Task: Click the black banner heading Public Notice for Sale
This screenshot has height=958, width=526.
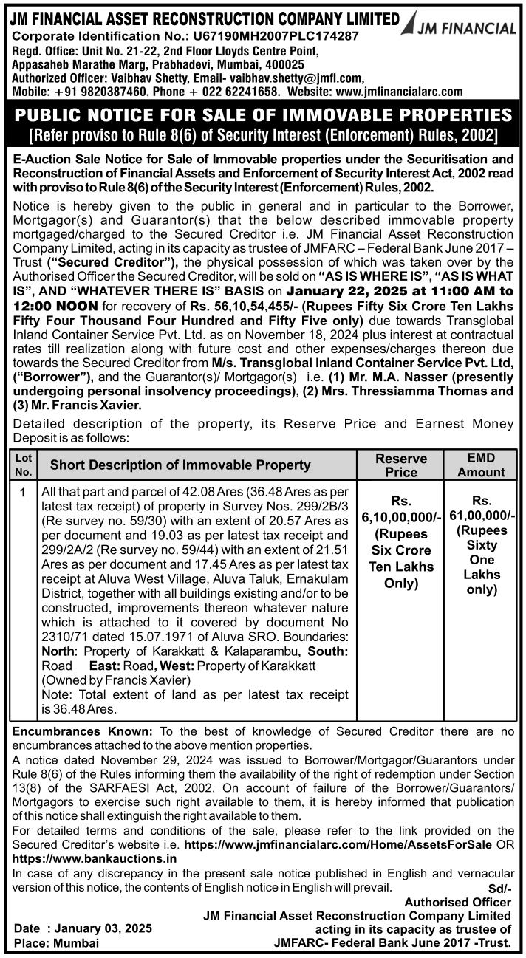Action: click(x=263, y=116)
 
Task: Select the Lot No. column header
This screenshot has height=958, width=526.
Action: click(x=24, y=465)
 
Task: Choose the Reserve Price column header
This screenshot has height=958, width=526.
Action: click(x=402, y=465)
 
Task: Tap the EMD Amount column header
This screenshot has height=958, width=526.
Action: click(x=481, y=465)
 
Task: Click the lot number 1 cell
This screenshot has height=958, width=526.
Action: click(x=24, y=491)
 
